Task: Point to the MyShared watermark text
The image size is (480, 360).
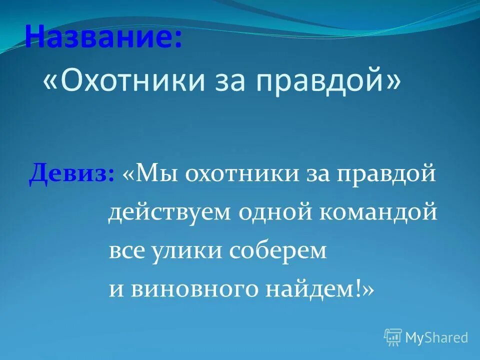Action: pyautogui.click(x=436, y=337)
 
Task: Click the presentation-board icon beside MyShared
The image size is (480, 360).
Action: pyautogui.click(x=393, y=337)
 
